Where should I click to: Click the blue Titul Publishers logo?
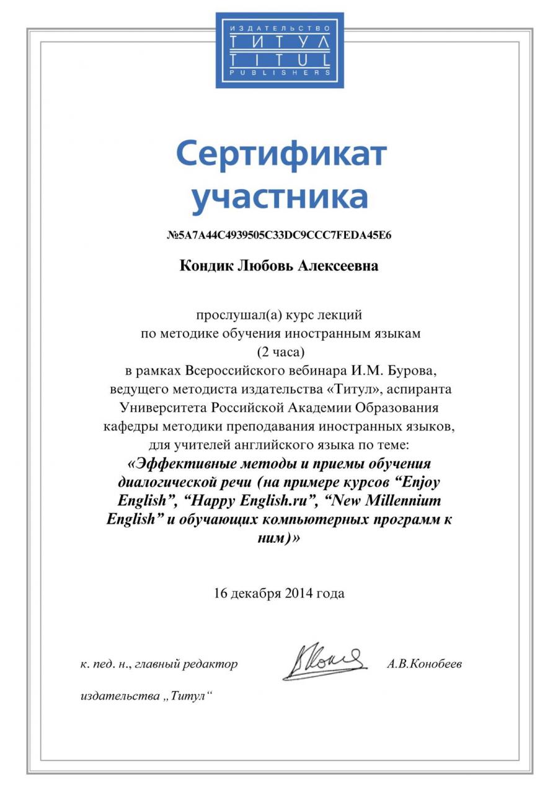pyautogui.click(x=280, y=50)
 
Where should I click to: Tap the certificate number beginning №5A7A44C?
pyautogui.click(x=279, y=236)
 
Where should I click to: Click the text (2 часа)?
pyautogui.click(x=280, y=352)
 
